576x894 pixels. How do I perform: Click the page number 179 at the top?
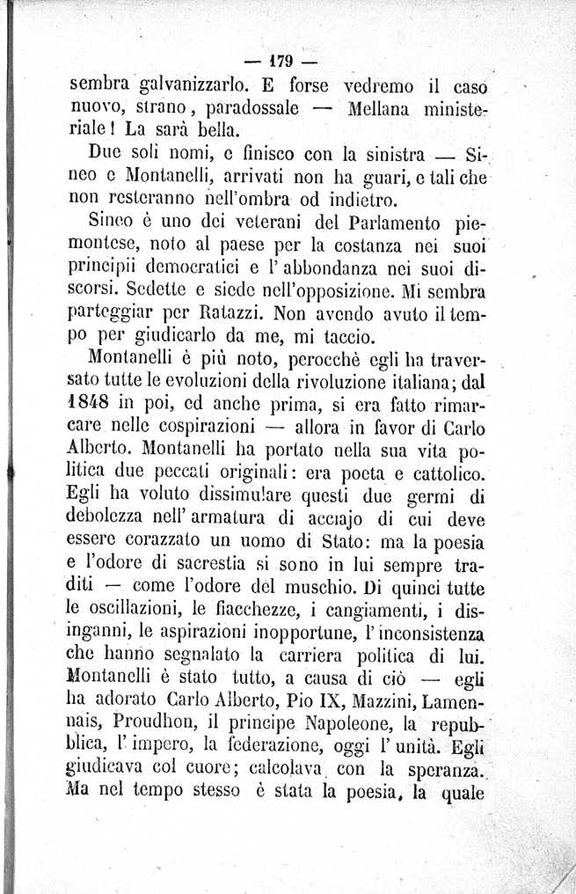click(281, 62)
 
